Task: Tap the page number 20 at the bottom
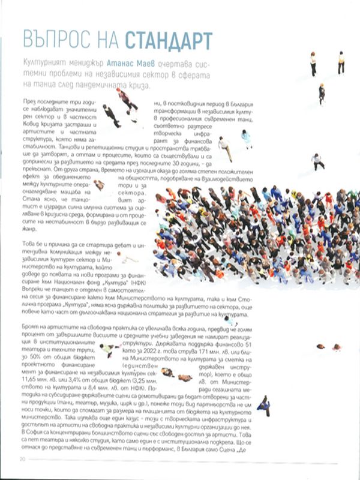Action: coord(22,459)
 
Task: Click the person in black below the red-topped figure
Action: coord(112,114)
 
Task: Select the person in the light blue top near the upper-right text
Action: coord(246,139)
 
